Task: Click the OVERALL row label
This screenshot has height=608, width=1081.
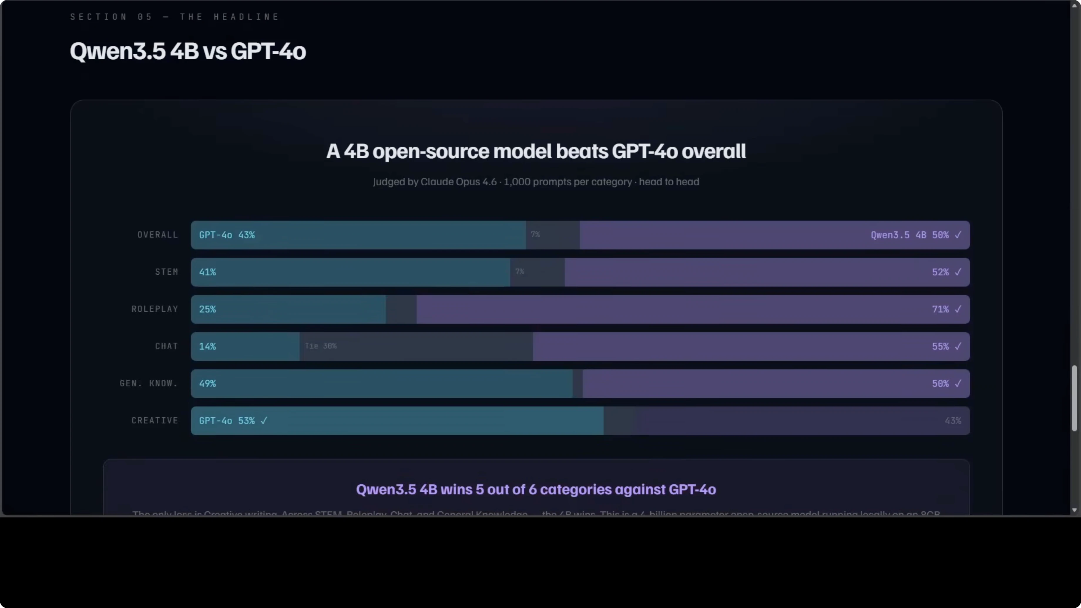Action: [x=158, y=235]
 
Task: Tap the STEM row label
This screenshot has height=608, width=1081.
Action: [x=167, y=272]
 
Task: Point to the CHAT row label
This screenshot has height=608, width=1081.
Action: [x=167, y=346]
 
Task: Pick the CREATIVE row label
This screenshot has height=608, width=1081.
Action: [x=155, y=420]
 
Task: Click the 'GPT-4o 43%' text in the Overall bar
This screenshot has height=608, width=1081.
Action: [x=226, y=235]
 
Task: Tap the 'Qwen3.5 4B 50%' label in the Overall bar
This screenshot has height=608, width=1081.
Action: [x=909, y=235]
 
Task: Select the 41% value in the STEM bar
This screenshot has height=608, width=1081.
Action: [x=207, y=272]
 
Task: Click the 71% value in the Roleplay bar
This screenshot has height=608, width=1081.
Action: [x=940, y=309]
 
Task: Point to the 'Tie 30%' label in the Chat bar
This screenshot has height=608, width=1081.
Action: [x=320, y=346]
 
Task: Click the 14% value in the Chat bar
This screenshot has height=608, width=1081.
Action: [x=207, y=346]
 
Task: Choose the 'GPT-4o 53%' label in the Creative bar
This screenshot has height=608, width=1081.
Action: [x=226, y=420]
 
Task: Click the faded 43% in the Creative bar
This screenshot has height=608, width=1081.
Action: [x=953, y=420]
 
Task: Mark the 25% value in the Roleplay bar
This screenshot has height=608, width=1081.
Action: [x=207, y=309]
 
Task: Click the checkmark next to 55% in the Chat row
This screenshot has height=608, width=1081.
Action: [x=958, y=346]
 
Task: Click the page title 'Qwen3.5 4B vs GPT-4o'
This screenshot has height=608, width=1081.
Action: [x=188, y=51]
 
